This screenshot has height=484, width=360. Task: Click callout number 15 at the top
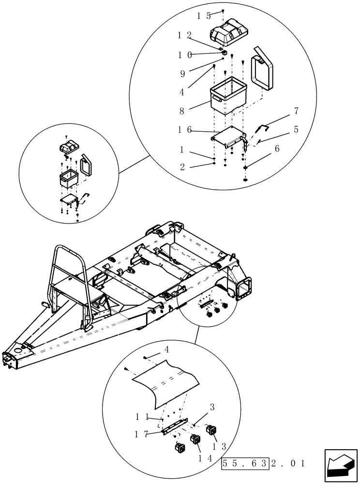point(204,15)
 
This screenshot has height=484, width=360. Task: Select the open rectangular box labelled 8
point(229,97)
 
